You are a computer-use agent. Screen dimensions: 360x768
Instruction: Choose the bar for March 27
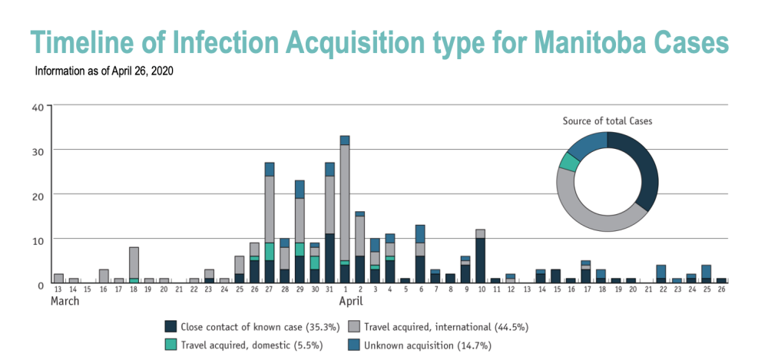[270, 223]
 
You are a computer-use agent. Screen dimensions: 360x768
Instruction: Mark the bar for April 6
[420, 253]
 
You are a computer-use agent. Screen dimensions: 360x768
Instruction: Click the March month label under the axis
[65, 301]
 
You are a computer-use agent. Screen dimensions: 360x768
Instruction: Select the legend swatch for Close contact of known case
[170, 326]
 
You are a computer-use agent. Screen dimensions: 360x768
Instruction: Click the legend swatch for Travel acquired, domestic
[170, 345]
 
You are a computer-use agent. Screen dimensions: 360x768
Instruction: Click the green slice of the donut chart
[569, 162]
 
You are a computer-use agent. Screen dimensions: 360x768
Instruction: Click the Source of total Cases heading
[607, 121]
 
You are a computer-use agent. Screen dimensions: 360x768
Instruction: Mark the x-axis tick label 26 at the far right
[721, 290]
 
